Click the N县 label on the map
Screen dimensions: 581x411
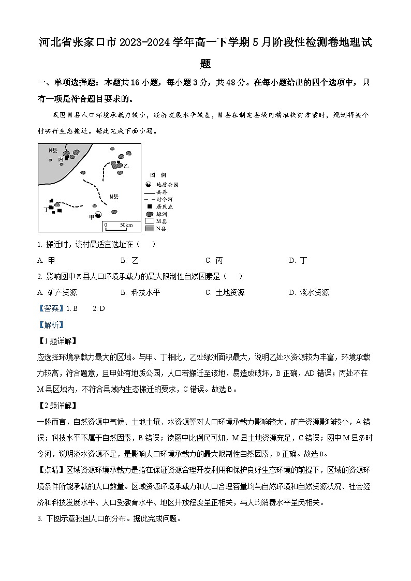coord(53,150)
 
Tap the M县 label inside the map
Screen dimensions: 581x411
coord(114,196)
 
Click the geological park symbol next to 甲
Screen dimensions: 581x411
coord(98,215)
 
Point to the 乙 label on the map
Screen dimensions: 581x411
coord(126,166)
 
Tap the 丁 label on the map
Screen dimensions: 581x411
coord(46,210)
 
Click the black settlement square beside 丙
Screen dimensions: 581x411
coord(67,158)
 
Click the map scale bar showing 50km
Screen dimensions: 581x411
coord(118,226)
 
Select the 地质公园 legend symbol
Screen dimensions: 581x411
coord(149,185)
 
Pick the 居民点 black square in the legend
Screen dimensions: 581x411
coord(149,206)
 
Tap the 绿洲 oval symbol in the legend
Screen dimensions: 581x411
coord(149,214)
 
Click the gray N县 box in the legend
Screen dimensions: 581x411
coord(149,228)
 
